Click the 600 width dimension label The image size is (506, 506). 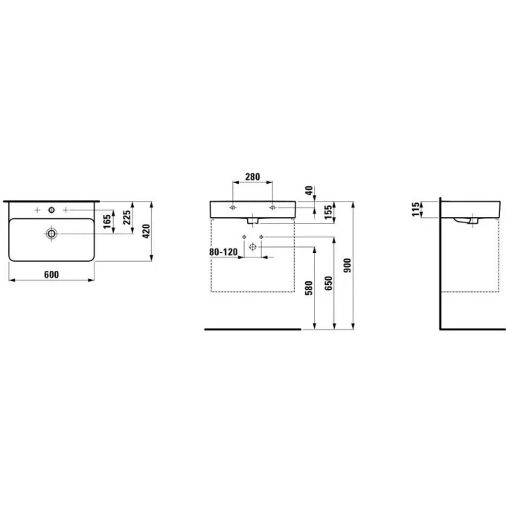coord(51,275)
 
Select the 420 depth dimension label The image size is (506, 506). coord(146,231)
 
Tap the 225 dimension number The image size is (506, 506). coord(126,217)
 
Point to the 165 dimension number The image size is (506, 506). coord(107,222)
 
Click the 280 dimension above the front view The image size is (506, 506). coord(252,177)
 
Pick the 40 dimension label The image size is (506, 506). coord(309,190)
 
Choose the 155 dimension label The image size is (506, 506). coord(328,212)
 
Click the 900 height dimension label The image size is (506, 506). coord(348,265)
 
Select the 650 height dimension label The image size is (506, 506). coord(328,283)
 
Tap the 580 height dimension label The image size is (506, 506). coord(309,288)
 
